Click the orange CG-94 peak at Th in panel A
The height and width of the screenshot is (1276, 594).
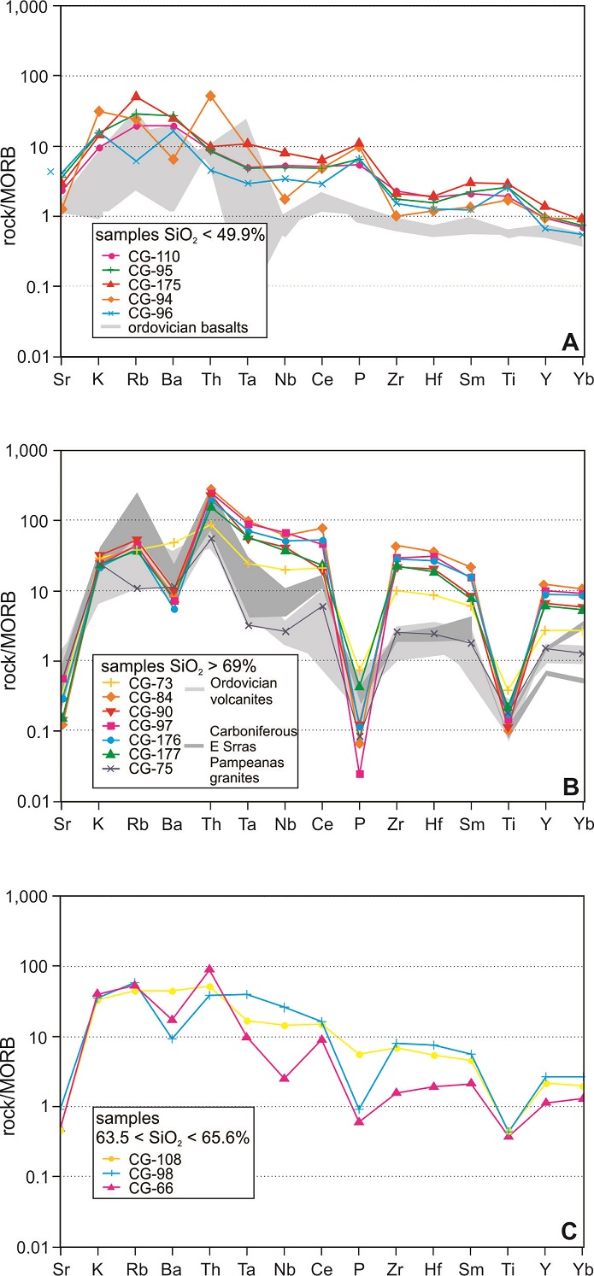point(211,96)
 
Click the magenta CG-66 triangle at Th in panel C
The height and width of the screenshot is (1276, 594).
point(210,969)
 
